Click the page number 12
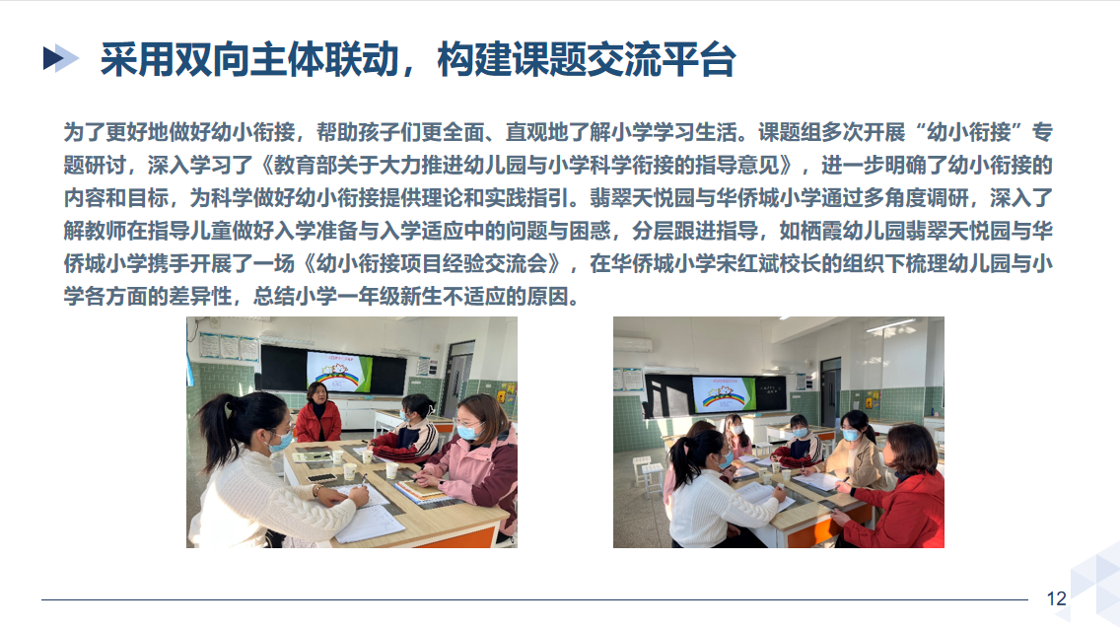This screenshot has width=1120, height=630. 1057,598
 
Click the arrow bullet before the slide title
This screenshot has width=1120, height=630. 61,58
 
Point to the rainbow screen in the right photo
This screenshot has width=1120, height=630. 723,394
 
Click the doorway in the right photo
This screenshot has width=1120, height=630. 830,392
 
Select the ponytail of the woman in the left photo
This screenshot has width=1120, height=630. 214,429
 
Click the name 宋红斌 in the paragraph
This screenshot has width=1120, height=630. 725,263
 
